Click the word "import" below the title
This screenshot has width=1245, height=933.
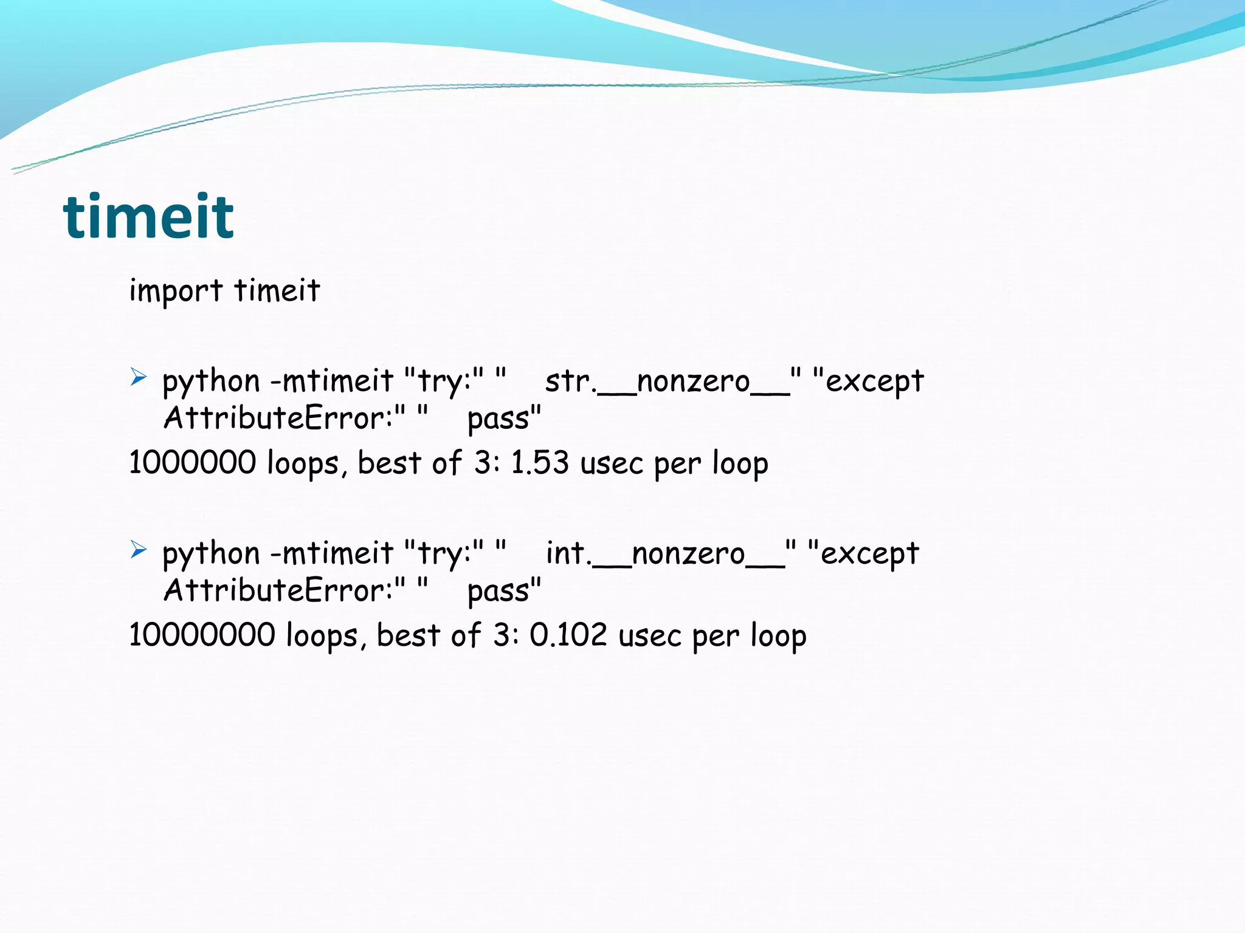(176, 290)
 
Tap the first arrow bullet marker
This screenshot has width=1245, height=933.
(139, 378)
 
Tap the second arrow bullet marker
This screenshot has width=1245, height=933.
(139, 550)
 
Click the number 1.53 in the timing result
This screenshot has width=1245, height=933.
(540, 462)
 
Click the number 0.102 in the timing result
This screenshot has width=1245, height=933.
(568, 635)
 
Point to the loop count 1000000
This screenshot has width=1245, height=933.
(193, 462)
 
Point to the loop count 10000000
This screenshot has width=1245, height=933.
(202, 635)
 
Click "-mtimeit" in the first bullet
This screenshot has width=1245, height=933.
(332, 381)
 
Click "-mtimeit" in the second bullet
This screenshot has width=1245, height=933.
(332, 553)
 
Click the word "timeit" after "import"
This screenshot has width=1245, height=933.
(277, 290)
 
